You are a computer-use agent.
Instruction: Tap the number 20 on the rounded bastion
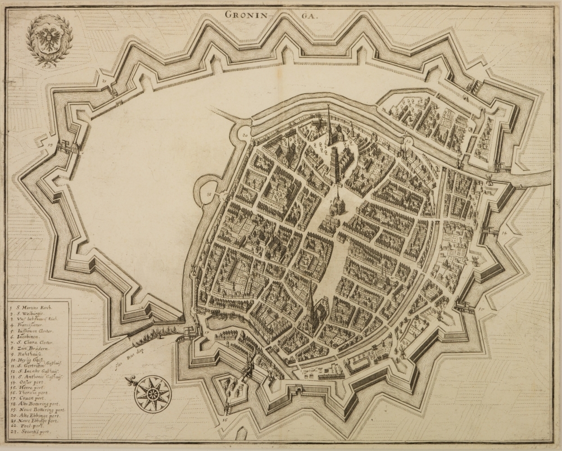tap(244, 136)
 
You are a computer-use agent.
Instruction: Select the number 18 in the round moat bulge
tap(209, 195)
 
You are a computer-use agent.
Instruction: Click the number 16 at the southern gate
tap(224, 419)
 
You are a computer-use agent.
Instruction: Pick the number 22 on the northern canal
tap(409, 138)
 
